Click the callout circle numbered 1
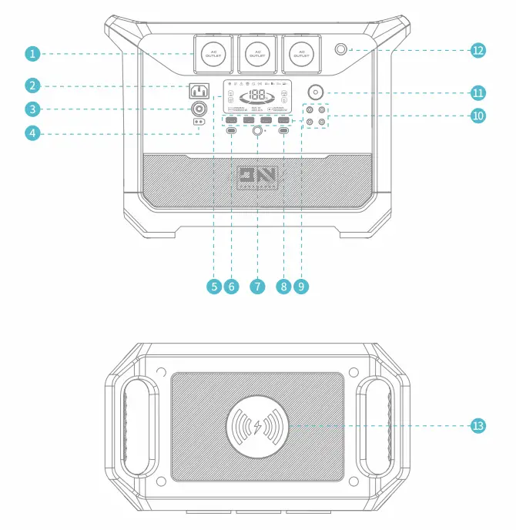32,53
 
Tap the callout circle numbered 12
478,50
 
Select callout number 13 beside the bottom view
478,425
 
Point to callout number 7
258,286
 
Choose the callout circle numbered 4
32,133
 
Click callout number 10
478,116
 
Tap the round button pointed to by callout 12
341,50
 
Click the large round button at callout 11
316,91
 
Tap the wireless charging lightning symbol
258,425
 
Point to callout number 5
214,286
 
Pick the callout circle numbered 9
301,286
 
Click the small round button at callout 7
258,132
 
